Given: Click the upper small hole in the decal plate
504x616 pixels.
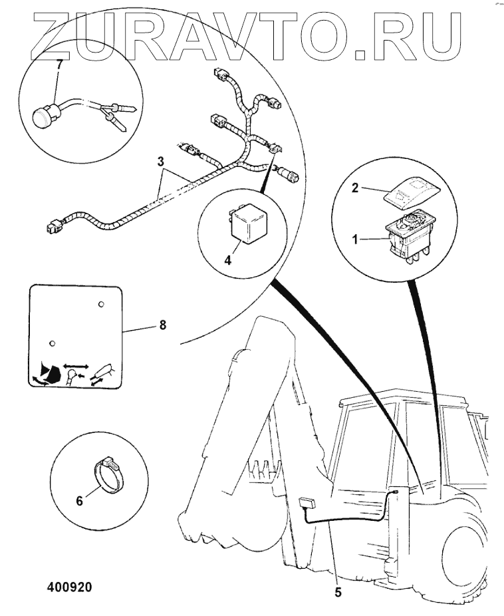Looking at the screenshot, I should (100, 304).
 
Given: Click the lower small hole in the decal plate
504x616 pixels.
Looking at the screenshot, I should (51, 343).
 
